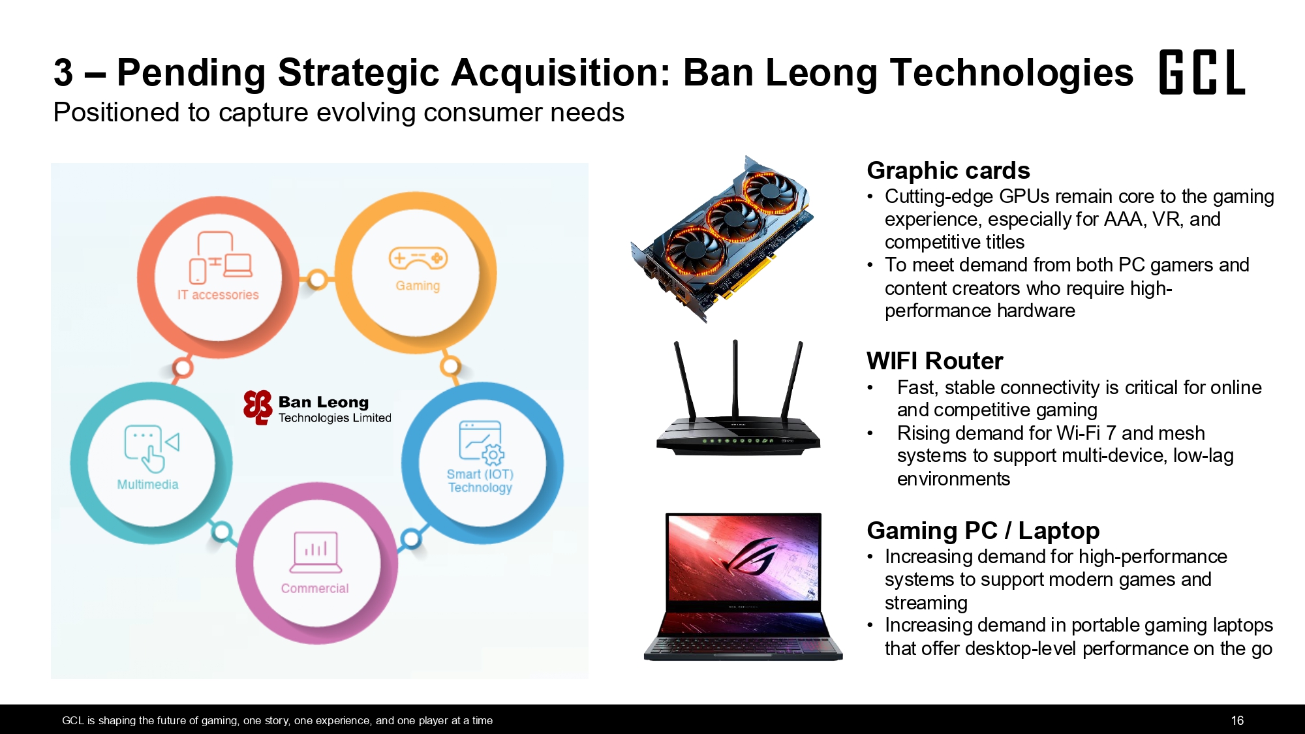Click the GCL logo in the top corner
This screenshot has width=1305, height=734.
pos(1202,72)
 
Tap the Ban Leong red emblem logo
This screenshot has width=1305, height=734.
pos(258,408)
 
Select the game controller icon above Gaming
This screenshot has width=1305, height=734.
pos(418,258)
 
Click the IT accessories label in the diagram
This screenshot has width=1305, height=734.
pos(218,295)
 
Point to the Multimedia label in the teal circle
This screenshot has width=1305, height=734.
pos(147,484)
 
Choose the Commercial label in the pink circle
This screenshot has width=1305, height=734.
pos(315,589)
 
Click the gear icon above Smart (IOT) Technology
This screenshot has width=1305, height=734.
pos(493,455)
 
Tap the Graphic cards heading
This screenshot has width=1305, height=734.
pos(948,170)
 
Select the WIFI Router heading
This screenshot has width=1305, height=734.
pos(934,361)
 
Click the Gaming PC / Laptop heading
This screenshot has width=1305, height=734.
pos(983,530)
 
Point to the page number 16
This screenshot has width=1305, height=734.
pos(1237,720)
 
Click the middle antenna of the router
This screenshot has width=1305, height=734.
pos(735,378)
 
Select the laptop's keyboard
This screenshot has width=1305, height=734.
pos(743,645)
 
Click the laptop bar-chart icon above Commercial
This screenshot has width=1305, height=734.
pos(316,552)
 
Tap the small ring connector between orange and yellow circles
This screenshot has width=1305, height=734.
pos(317,279)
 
